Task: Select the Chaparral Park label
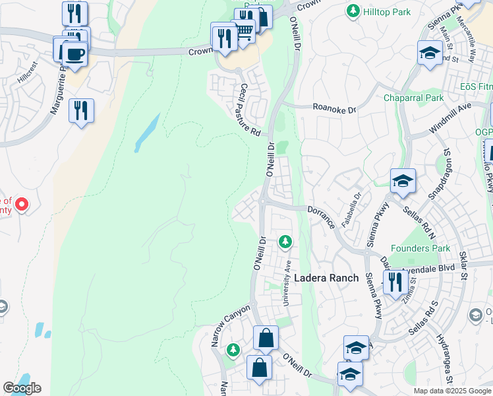tap(415, 98)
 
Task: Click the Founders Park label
tap(420, 249)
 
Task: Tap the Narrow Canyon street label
tap(231, 325)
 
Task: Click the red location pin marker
tap(21, 204)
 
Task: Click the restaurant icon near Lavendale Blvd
tap(395, 282)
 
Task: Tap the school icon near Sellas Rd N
tap(403, 180)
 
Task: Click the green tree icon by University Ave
tap(285, 242)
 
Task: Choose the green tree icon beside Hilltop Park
tap(354, 11)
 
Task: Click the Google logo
tap(22, 388)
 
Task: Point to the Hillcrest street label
tap(28, 73)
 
